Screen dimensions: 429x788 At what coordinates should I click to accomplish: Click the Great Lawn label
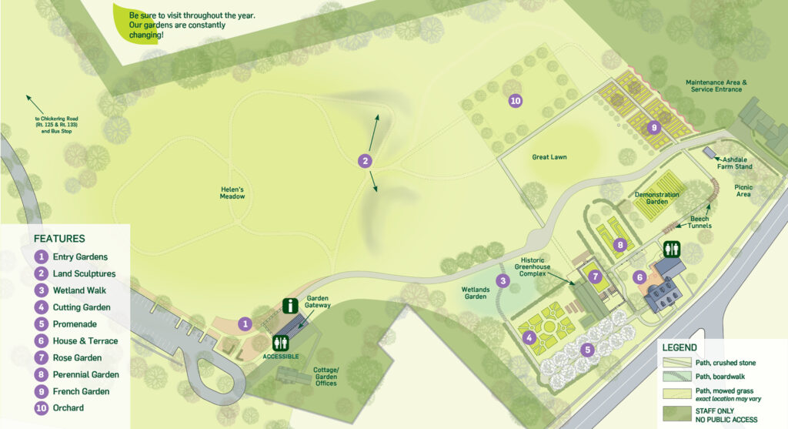click(549, 157)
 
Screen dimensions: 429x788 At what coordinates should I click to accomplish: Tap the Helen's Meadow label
click(232, 193)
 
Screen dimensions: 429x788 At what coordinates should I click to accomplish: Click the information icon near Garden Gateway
click(289, 306)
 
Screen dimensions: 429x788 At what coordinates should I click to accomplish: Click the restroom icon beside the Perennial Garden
click(672, 250)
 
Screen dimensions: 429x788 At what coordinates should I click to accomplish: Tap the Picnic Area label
click(743, 191)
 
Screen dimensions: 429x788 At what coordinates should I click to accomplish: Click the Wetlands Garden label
click(476, 293)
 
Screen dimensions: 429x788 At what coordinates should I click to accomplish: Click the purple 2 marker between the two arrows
click(366, 160)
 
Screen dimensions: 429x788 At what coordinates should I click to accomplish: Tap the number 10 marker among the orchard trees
click(516, 100)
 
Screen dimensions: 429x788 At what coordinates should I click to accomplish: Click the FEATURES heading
click(59, 239)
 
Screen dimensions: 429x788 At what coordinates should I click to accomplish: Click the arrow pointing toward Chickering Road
click(32, 101)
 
